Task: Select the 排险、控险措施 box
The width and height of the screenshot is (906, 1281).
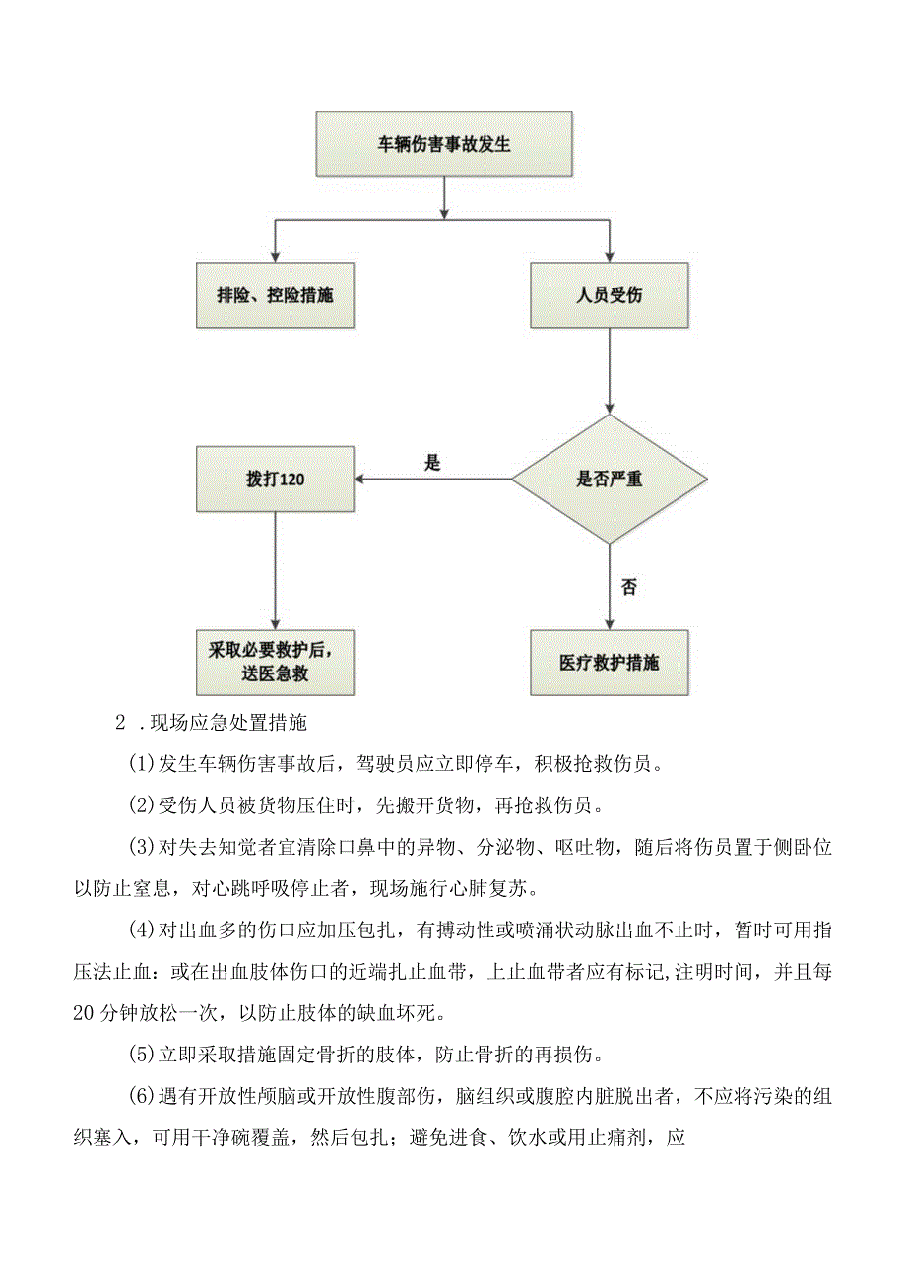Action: [275, 294]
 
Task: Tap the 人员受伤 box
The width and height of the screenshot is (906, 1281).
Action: [609, 294]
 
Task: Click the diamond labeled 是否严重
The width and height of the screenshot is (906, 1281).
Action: [609, 480]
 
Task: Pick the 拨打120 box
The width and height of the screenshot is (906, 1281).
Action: [275, 480]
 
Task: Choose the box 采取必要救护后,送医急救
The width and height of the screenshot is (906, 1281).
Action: [275, 663]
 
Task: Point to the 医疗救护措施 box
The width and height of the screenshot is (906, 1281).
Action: [609, 663]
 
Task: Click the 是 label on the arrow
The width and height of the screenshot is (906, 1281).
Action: [431, 462]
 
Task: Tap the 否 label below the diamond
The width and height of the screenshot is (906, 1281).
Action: [628, 587]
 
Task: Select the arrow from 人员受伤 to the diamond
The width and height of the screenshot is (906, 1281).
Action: [609, 369]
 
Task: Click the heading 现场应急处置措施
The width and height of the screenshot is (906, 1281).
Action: [228, 723]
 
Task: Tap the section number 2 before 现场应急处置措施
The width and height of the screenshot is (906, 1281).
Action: [121, 723]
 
